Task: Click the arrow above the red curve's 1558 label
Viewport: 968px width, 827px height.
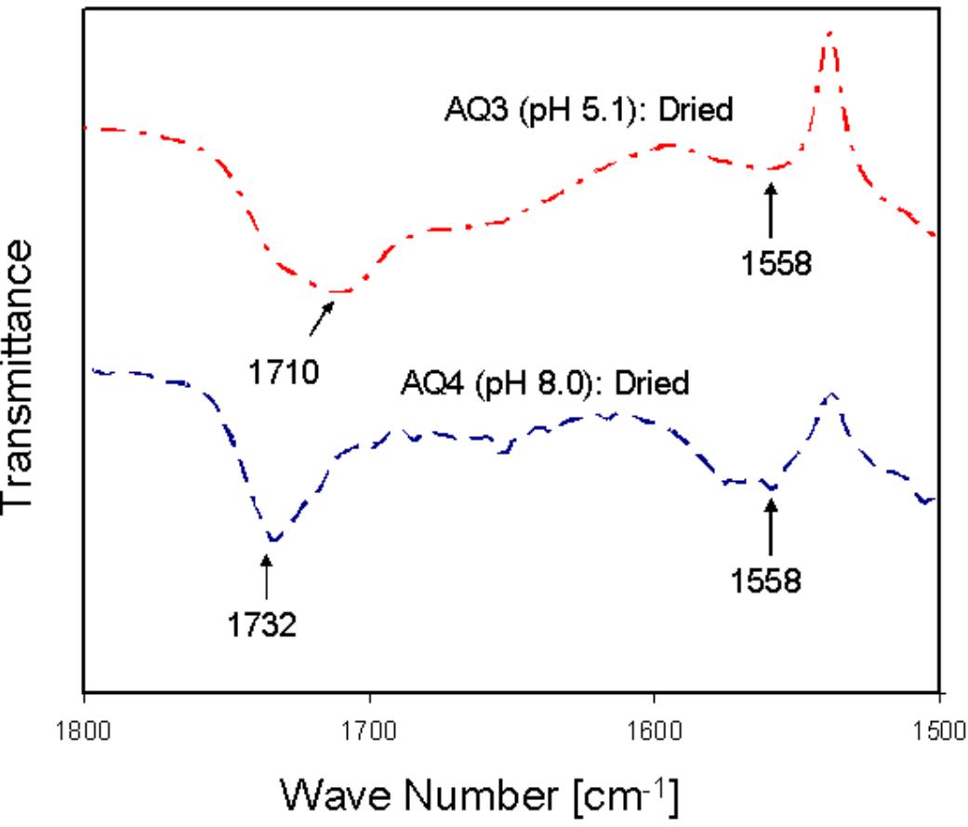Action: point(770,212)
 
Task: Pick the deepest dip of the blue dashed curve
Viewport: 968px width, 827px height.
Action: point(273,539)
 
